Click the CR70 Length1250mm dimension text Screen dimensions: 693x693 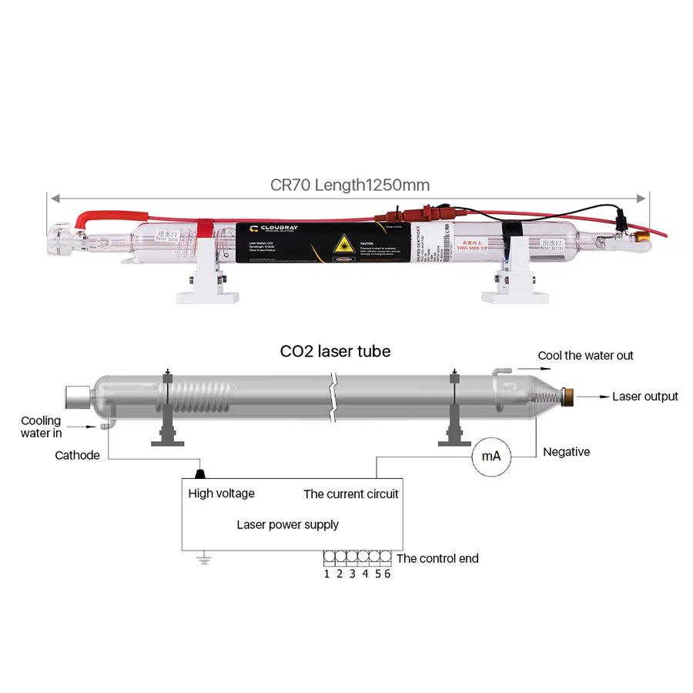[350, 185]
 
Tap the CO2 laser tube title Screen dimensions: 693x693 [335, 351]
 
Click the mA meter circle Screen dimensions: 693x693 [490, 456]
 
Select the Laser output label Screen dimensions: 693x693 [644, 397]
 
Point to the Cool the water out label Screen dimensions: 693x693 [585, 356]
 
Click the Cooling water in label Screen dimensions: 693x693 [41, 427]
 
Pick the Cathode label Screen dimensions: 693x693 [77, 455]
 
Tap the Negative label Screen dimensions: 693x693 [566, 452]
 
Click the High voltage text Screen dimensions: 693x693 [221, 494]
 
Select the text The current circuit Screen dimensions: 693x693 [351, 494]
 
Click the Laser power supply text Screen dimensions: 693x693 [287, 524]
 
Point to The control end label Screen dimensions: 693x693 [437, 558]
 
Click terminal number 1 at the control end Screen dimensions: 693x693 [326, 574]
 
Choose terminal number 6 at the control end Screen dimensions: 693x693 [387, 574]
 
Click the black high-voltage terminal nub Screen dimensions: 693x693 [201, 472]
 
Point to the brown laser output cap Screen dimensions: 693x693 [569, 397]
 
